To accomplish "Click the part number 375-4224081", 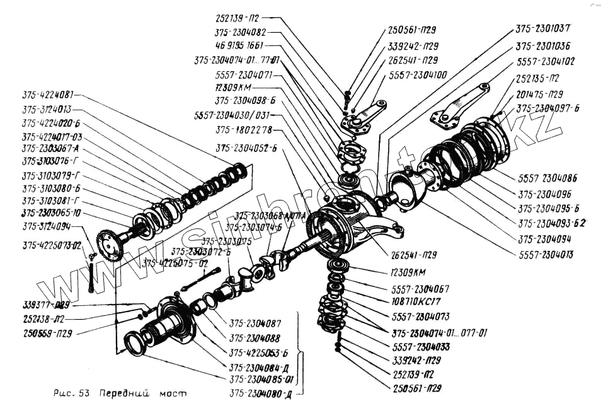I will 47,95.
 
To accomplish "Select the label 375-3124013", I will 47,109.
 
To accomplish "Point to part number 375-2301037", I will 544,29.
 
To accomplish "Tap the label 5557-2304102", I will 546,62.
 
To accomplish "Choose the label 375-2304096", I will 544,195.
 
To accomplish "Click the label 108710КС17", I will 418,302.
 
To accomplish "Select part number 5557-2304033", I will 421,347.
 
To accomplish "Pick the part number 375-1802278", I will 243,131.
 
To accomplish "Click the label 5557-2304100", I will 418,75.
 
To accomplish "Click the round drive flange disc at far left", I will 108,245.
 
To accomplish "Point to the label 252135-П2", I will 537,78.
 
